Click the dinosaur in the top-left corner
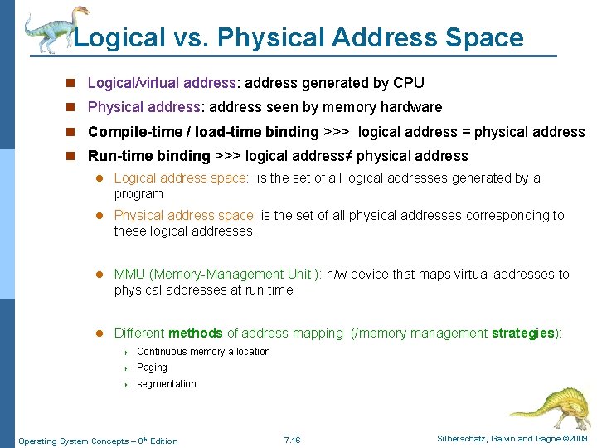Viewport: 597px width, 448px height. pos(51,29)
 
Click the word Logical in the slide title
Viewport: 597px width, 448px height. pos(119,38)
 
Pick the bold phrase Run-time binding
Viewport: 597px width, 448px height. pos(149,156)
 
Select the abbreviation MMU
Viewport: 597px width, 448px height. pos(129,275)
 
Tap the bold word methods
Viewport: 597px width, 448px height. pos(195,334)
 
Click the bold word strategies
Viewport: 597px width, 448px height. pos(522,334)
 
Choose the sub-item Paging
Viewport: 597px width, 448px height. pos(152,368)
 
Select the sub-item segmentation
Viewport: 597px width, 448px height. pos(167,384)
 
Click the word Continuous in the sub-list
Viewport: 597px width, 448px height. pos(163,352)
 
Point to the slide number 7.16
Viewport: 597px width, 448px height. pos(292,440)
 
